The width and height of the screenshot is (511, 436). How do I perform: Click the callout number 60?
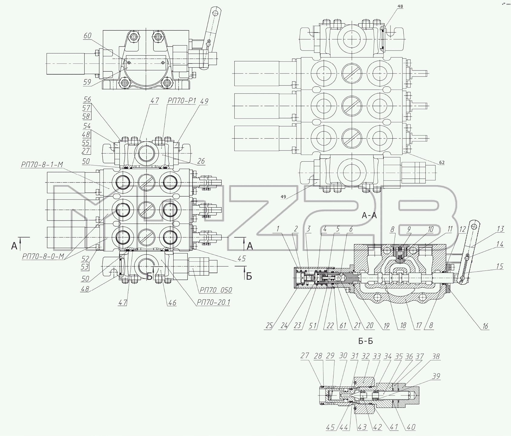point(87,36)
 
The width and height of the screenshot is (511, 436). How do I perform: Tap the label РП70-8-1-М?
point(42,165)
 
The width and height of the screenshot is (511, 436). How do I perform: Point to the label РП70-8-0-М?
point(43,257)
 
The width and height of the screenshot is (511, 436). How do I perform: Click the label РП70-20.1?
point(213,302)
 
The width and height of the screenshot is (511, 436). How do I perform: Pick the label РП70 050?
point(215,290)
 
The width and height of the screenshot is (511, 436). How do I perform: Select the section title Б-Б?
point(366,341)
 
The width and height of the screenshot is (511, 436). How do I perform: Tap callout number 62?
point(442,163)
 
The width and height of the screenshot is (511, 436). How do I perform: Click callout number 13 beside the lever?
point(500,229)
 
